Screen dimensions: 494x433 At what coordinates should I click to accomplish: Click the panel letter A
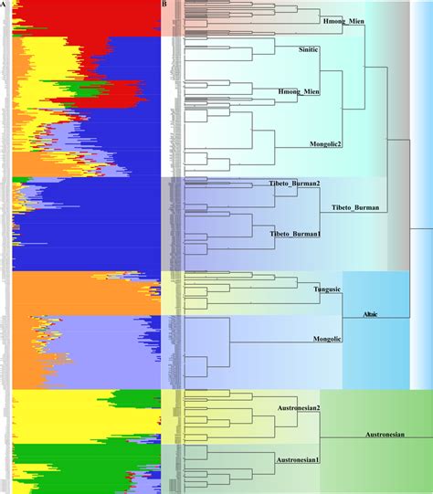[x=4, y=4]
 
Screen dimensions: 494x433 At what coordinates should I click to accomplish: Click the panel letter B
[x=164, y=4]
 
